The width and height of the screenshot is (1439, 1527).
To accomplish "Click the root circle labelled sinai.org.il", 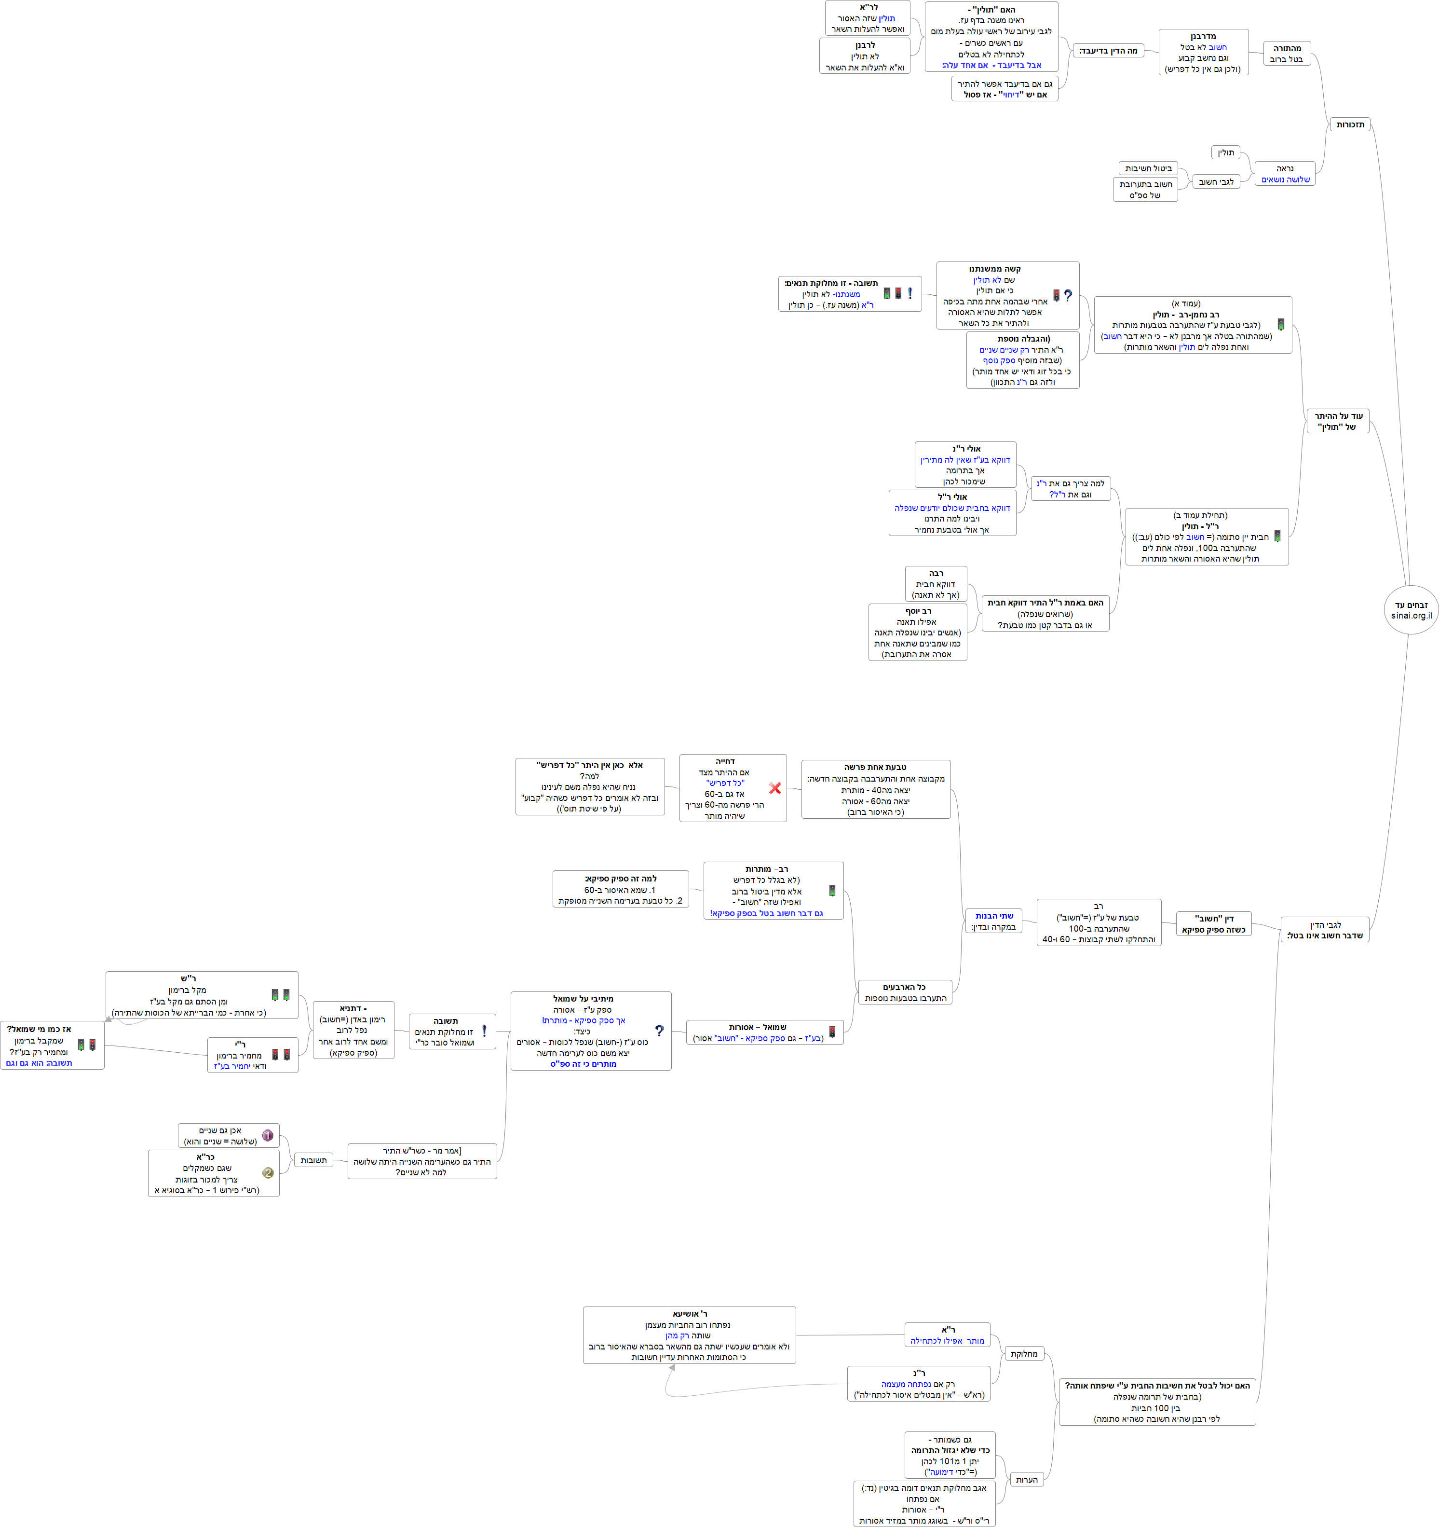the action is click(x=1411, y=610).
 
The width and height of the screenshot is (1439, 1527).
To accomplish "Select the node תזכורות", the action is click(x=1350, y=124).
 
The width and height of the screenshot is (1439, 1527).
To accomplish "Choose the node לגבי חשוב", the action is click(x=1216, y=182).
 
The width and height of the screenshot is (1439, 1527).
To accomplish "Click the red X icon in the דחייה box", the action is click(x=775, y=788).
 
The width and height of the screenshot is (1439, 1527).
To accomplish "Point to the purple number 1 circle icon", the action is click(x=267, y=1135).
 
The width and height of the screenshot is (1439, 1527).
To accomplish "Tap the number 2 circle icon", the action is click(x=267, y=1173).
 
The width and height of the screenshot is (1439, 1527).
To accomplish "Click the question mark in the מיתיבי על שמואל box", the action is click(x=659, y=1031).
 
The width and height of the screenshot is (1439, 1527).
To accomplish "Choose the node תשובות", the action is click(x=313, y=1160).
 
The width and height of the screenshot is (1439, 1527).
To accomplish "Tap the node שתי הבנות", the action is click(x=993, y=921).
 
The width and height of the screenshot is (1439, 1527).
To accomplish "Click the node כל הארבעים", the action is click(x=905, y=992).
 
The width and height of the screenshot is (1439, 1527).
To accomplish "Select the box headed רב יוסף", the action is click(x=918, y=632).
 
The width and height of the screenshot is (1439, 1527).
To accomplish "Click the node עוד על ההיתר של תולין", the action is click(x=1338, y=421).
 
